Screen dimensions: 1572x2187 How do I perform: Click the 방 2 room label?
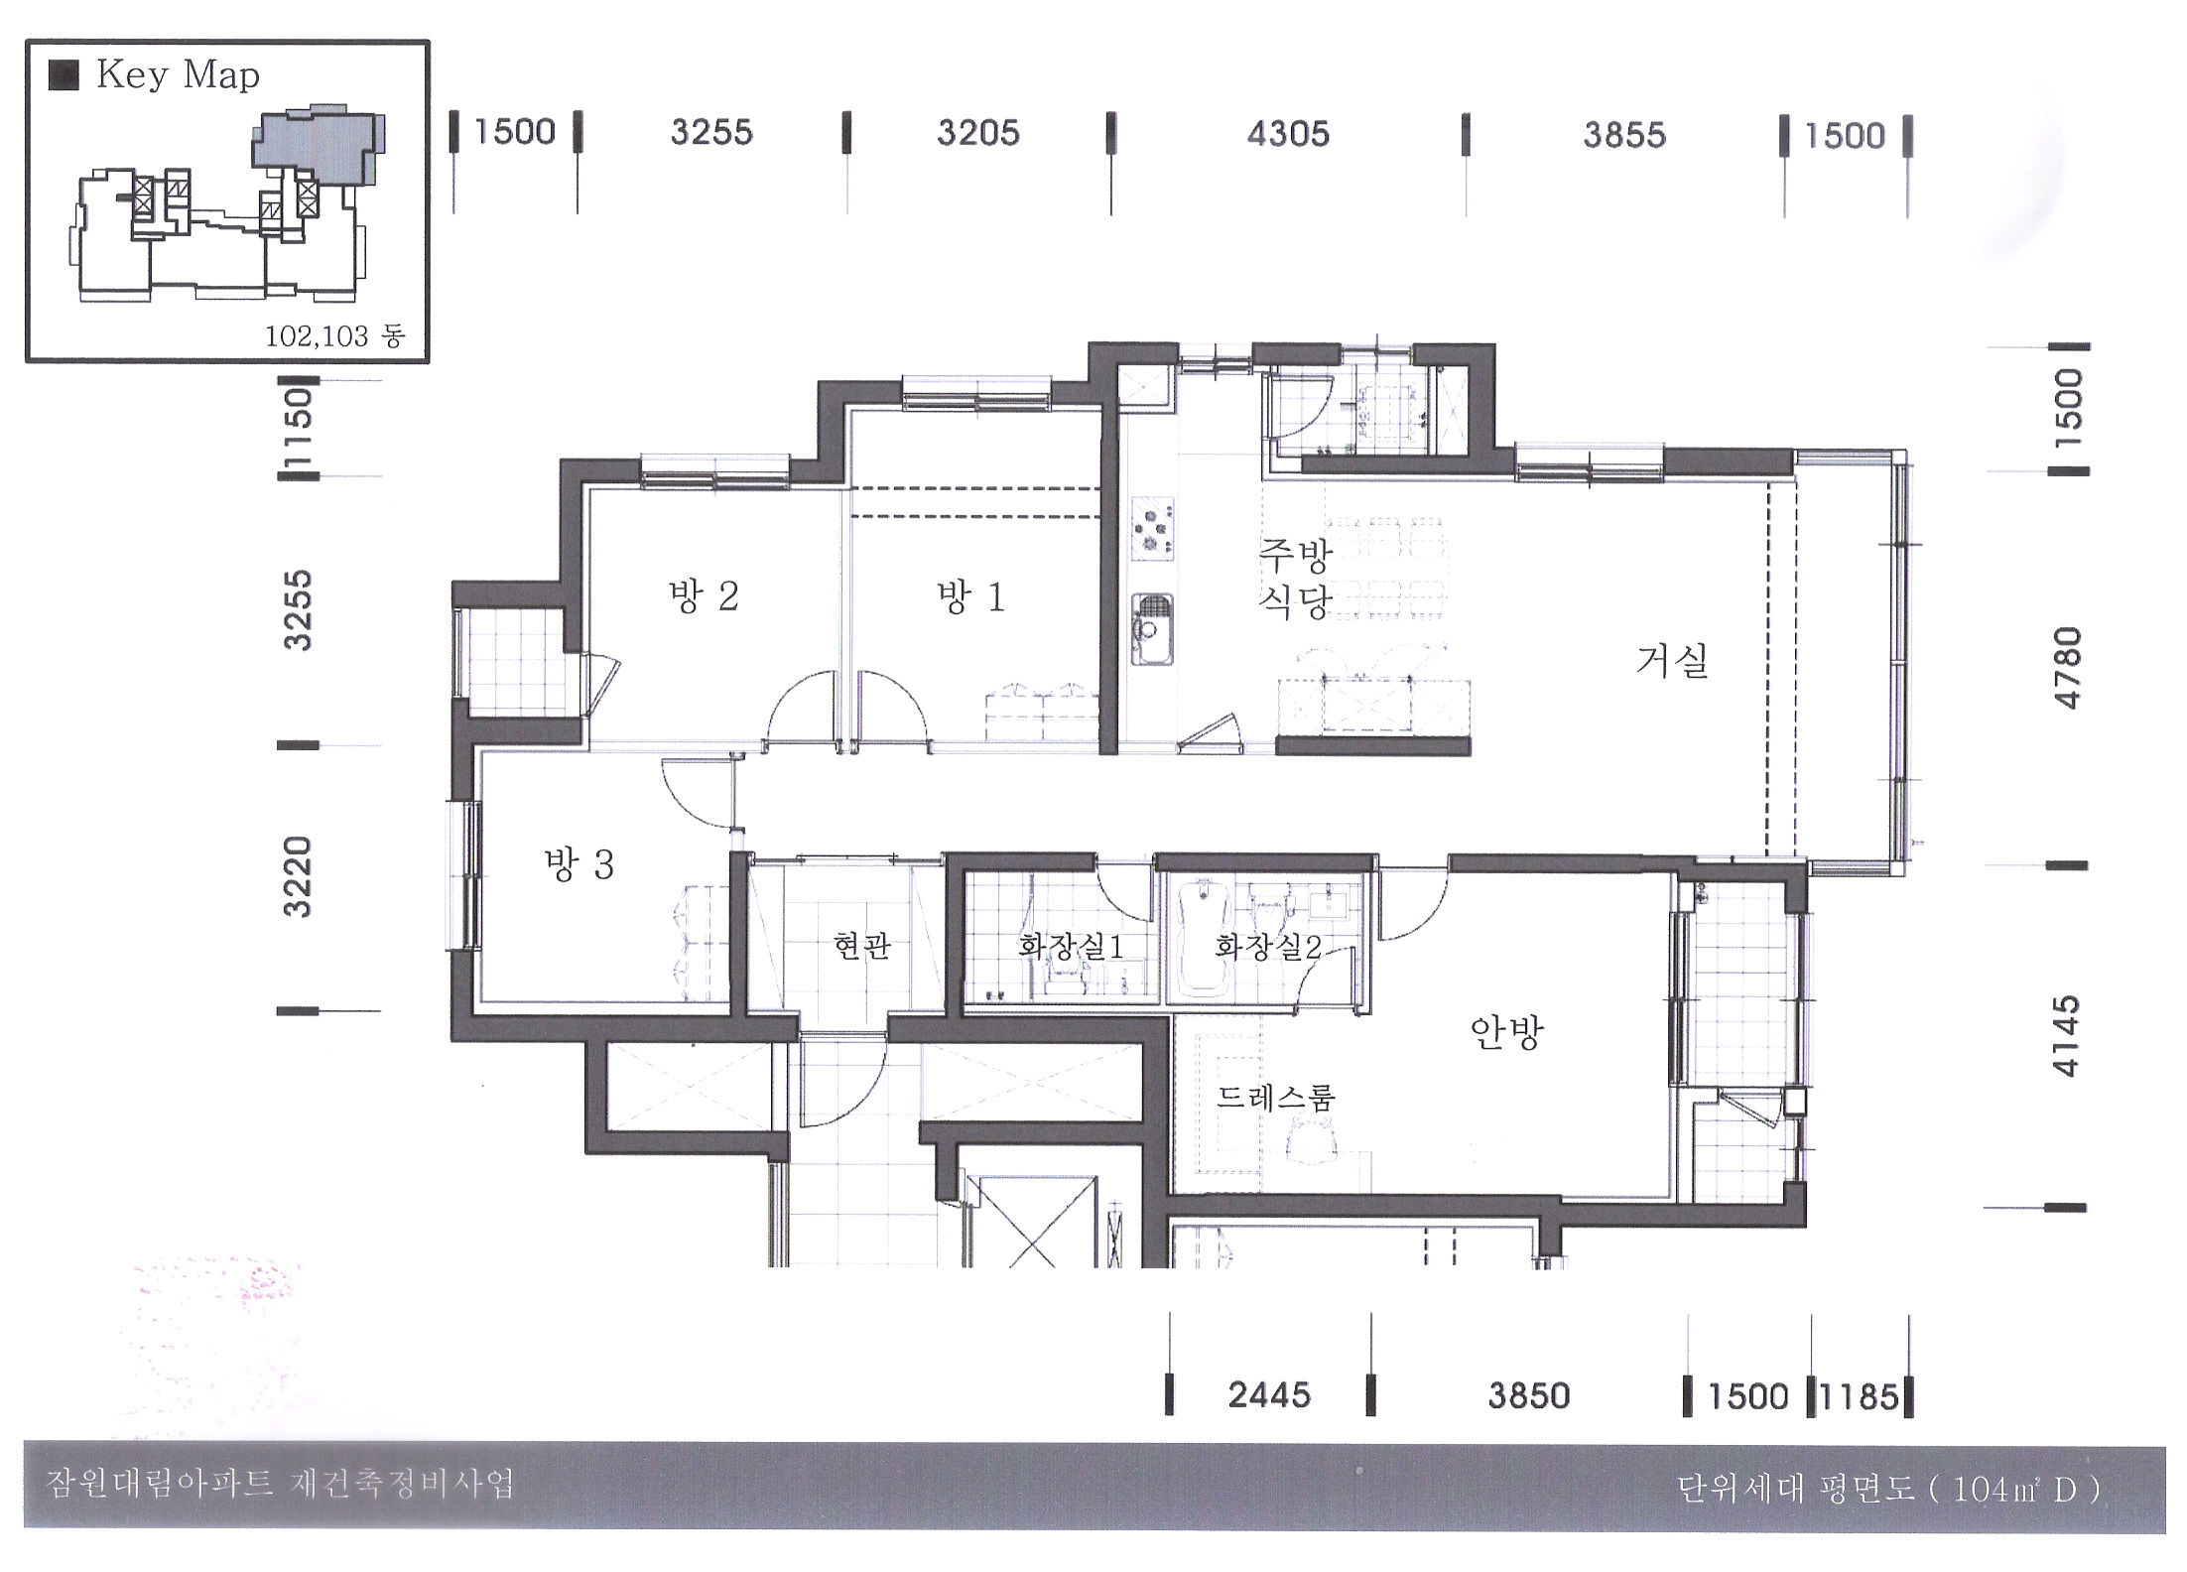(704, 596)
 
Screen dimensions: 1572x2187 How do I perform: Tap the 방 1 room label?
(970, 597)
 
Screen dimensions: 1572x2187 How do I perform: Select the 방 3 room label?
(579, 864)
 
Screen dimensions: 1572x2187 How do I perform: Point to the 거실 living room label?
(1672, 660)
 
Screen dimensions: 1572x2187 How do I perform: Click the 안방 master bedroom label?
(1506, 1033)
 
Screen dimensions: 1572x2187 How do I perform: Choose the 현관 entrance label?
(862, 945)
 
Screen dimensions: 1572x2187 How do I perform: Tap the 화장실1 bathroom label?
(1071, 946)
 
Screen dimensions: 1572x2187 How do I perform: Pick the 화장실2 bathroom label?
(1268, 946)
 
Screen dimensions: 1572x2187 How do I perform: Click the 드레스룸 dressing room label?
(1276, 1097)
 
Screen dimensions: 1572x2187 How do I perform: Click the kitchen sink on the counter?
(1152, 629)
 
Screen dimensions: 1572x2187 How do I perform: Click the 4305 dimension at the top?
(1288, 134)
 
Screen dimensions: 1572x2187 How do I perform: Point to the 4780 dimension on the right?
(2067, 668)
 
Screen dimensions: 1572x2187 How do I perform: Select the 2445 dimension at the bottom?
(1269, 1395)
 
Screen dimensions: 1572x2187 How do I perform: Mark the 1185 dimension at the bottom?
(1859, 1397)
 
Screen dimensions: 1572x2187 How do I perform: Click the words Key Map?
(178, 75)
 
